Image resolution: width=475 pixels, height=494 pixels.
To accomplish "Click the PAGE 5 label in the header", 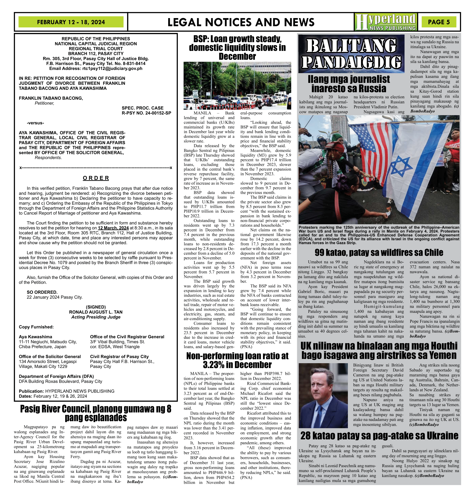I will tap(439, 22).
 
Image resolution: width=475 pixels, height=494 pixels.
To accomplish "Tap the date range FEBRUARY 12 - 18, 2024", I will tap(71, 22).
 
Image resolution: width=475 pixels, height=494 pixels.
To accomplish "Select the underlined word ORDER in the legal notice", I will tap(96, 178).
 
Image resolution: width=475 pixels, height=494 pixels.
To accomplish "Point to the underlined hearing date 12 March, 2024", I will tap(113, 228).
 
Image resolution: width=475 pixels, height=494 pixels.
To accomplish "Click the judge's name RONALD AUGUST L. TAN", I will tap(96, 312).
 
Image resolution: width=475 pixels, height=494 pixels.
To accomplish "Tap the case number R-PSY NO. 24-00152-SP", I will tap(146, 113).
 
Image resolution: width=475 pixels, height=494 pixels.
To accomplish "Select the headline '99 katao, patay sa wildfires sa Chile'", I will tap(379, 252).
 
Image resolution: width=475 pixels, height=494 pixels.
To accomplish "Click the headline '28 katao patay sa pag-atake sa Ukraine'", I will tap(379, 435).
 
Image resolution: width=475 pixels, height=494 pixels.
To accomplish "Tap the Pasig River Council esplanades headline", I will tap(96, 413).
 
